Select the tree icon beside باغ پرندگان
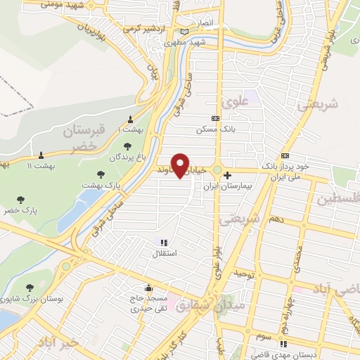(127, 146)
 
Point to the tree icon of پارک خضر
(20, 200)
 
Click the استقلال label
(165, 251)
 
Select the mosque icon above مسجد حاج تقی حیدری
(148, 288)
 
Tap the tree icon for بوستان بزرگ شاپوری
(30, 288)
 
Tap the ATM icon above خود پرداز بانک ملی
(285, 155)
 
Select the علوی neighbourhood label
(235, 101)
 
